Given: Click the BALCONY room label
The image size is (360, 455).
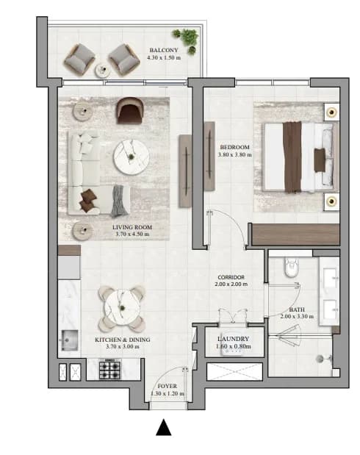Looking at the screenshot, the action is click(164, 50).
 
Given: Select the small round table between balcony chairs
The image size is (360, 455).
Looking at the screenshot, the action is click(102, 71).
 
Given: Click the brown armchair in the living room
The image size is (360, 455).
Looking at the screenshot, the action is click(130, 110).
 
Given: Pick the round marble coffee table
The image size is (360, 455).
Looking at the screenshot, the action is click(132, 157).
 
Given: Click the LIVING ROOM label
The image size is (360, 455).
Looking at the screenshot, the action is click(132, 227).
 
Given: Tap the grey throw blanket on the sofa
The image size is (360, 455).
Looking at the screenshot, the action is click(120, 201).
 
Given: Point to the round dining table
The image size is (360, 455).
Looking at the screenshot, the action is click(122, 308).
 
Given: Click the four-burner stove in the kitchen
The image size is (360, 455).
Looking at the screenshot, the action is click(110, 369).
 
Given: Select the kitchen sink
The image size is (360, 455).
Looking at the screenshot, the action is click(69, 340).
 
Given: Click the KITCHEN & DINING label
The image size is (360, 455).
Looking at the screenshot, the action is click(123, 340).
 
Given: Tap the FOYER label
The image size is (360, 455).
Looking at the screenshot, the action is click(167, 386).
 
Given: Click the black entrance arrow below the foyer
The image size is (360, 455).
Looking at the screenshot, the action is click(164, 427).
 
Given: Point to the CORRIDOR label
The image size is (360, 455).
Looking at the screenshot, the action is click(231, 277).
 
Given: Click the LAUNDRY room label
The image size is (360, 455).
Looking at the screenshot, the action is click(233, 339).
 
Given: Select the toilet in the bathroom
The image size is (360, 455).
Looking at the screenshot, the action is click(292, 267).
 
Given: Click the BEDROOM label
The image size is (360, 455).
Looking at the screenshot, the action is click(234, 147).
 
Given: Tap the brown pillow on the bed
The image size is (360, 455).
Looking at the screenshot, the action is click(320, 160).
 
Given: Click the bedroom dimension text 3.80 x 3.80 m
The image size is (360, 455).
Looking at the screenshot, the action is click(234, 154).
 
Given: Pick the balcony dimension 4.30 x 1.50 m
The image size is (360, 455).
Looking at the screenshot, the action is click(164, 57).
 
